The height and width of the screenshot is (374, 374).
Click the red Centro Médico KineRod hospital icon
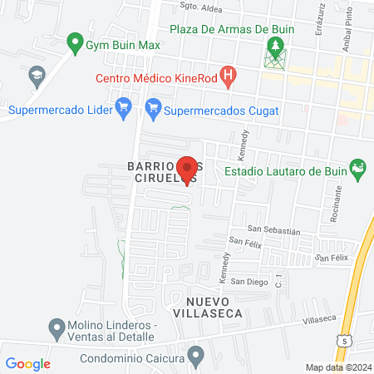[230, 77]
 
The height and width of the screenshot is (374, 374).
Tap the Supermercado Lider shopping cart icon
[124, 107]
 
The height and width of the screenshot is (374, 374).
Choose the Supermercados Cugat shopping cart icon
[152, 107]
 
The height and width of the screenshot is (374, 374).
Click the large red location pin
[187, 170]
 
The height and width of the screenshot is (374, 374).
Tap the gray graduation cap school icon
[37, 77]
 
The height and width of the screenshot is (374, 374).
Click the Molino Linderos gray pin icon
[57, 327]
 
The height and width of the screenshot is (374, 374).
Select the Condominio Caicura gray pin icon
[196, 357]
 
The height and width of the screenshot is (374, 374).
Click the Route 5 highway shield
[345, 340]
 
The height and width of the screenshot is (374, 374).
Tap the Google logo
[27, 363]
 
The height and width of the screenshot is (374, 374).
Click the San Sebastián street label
[273, 229]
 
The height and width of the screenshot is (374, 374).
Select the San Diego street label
[249, 281]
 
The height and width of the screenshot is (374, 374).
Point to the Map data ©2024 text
[337, 367]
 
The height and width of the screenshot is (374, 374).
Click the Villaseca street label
[318, 318]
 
